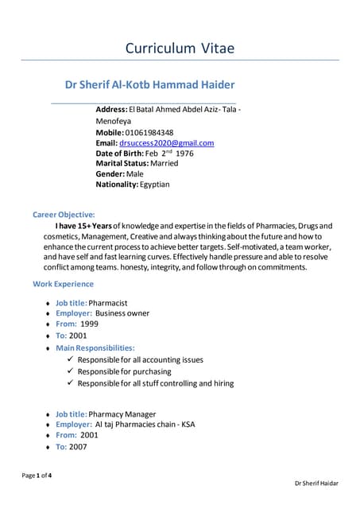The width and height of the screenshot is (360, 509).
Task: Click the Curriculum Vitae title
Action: (180, 49)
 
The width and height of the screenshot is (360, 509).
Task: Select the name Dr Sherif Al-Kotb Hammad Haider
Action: (149, 84)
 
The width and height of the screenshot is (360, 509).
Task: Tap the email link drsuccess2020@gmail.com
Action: (166, 143)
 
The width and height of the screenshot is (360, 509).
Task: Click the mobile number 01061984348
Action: (149, 132)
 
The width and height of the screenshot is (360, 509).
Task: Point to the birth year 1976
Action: (184, 153)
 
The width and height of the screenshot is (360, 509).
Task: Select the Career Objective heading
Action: (64, 215)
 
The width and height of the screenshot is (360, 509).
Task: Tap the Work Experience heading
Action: (63, 284)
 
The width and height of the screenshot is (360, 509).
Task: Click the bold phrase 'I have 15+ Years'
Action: (83, 227)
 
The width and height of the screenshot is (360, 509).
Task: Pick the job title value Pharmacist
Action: (108, 303)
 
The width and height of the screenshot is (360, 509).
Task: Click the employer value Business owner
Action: (122, 313)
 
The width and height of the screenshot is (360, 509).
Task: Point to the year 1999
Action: (89, 324)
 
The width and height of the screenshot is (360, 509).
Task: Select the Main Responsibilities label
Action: (95, 348)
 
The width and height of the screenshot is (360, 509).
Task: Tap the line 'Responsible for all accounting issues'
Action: (140, 359)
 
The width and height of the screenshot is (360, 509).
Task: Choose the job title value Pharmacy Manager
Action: (122, 414)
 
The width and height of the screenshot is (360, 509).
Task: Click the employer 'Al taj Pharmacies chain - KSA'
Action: (139, 424)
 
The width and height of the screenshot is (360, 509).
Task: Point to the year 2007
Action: (78, 447)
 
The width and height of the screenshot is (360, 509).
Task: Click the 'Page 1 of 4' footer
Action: (38, 476)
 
